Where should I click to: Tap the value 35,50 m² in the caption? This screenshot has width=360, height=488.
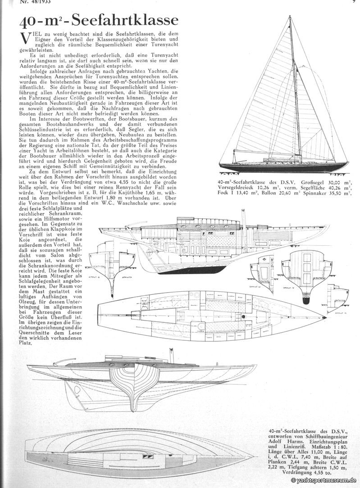341,193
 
